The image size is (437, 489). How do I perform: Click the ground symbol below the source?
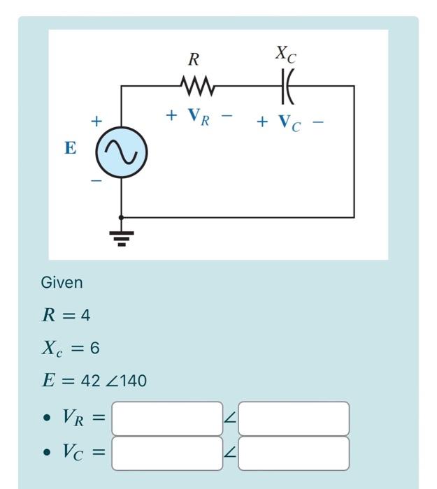point(122,235)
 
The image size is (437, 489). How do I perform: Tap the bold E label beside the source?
point(70,148)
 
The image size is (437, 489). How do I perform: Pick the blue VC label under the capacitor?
point(289,123)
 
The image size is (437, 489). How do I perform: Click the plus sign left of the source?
point(96,122)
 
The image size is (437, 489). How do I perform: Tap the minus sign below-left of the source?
point(96,181)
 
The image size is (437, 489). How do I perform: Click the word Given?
point(62,283)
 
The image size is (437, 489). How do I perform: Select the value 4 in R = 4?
point(85,316)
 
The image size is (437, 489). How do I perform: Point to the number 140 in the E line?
point(134,381)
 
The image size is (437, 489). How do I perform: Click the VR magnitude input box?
point(167,418)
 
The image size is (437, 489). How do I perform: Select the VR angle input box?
point(293,418)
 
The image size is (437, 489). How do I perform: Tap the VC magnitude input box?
point(167,453)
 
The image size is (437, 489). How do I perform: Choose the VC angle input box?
point(293,453)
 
